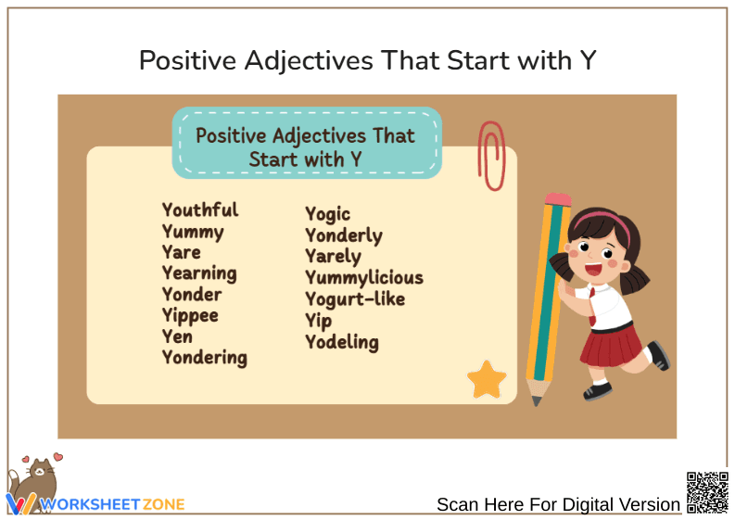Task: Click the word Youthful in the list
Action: [x=200, y=210]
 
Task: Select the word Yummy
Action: [x=193, y=232]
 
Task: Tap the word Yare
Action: [x=182, y=252]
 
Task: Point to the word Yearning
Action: [x=199, y=273]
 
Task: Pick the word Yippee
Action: [x=190, y=315]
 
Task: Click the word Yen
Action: [x=177, y=336]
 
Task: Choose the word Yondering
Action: [x=205, y=357]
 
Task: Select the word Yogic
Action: [x=328, y=215]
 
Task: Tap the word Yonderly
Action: [x=344, y=235]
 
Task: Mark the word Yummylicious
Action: [x=364, y=277]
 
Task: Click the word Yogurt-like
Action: [x=355, y=298]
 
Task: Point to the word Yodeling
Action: [x=342, y=342]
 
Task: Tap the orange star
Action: [x=487, y=379]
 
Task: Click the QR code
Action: [x=706, y=492]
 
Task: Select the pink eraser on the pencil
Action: [x=558, y=199]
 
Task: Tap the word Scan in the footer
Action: [x=457, y=505]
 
